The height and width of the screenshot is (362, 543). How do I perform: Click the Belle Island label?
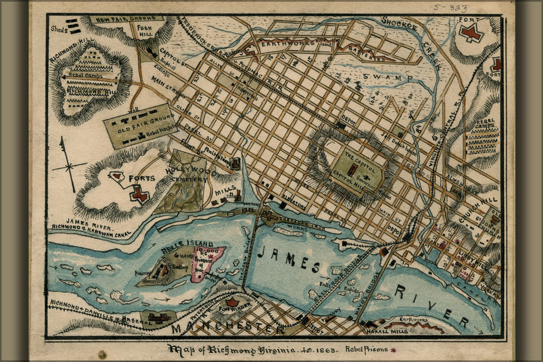[180, 244]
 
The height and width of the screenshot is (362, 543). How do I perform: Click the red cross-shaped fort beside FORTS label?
[139, 194]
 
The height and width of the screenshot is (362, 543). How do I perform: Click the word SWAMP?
[394, 78]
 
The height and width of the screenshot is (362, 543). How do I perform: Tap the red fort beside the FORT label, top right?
[471, 34]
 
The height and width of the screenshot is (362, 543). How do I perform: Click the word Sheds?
[58, 28]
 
